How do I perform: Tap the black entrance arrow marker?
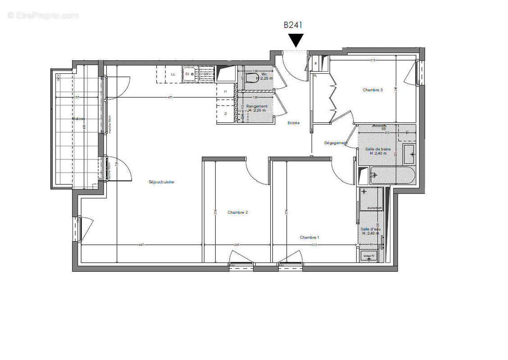tap(295, 40)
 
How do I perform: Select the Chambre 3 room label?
tap(372, 90)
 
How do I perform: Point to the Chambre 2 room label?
tap(237, 212)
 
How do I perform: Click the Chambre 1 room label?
tap(309, 238)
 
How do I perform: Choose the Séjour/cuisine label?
tap(162, 182)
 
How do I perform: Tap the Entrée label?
tap(294, 123)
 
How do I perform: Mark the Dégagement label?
tap(336, 143)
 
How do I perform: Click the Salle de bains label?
tap(378, 149)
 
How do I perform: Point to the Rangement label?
tap(257, 106)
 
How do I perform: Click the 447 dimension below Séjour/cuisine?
tap(141, 245)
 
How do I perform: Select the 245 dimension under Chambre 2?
tap(237, 245)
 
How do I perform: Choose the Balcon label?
tap(78, 119)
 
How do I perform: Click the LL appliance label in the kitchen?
tap(173, 74)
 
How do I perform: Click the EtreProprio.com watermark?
tap(43, 15)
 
